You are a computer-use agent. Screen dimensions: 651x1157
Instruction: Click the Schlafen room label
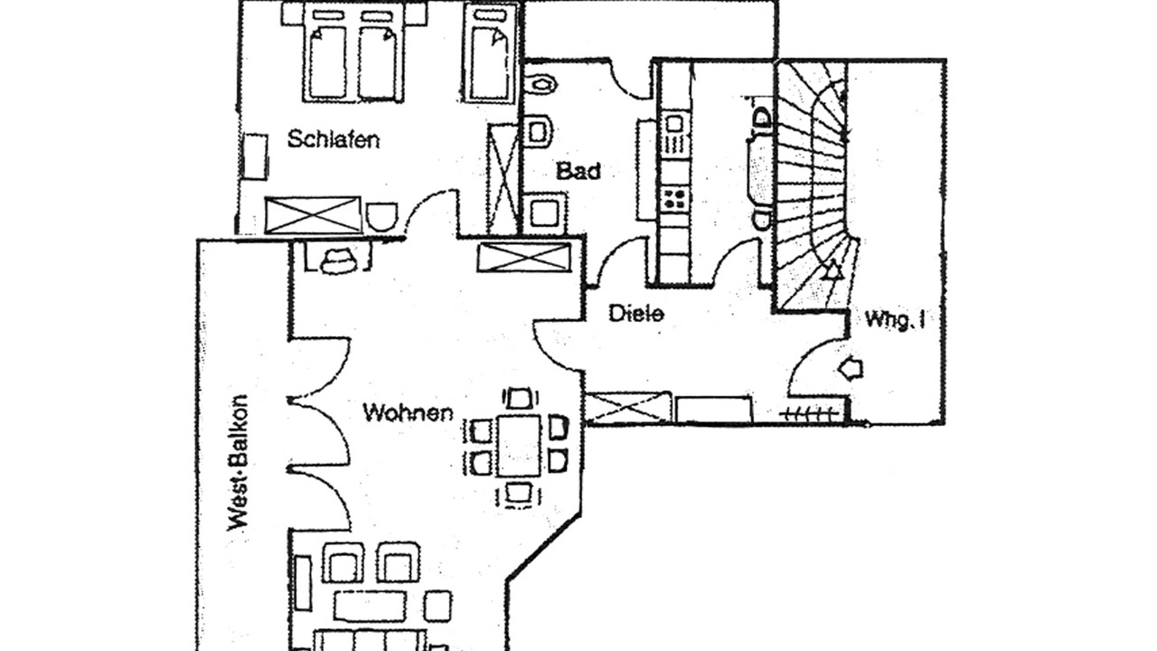coord(333,140)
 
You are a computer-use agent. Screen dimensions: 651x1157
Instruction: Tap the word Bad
coord(578,171)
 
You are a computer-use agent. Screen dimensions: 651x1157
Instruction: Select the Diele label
coord(636,314)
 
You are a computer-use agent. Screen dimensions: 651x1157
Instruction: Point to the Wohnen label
coord(408,413)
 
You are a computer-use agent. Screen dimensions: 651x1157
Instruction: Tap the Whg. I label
coord(894,319)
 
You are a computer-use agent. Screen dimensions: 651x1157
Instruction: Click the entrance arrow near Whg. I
coord(851,368)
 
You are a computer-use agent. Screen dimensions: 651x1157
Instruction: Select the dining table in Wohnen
coord(519,446)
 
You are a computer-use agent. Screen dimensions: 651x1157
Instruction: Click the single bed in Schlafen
coord(490,54)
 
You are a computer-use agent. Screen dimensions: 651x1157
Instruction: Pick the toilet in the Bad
coord(539,130)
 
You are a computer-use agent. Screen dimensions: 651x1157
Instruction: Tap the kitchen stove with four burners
coord(673,199)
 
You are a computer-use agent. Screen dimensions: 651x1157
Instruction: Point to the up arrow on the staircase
coord(832,269)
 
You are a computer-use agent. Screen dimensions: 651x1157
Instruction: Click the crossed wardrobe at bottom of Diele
coord(628,408)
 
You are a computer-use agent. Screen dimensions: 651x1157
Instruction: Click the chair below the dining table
coord(519,493)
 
